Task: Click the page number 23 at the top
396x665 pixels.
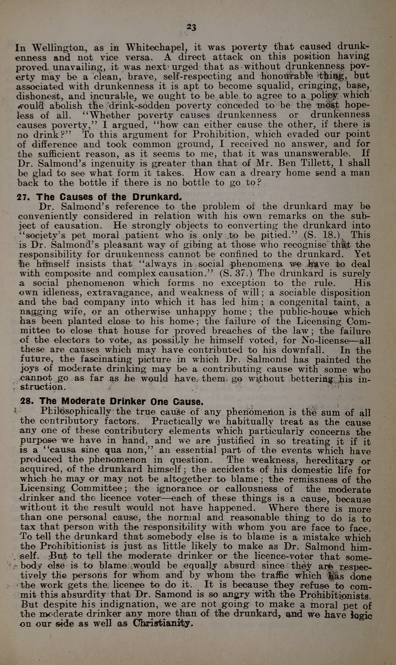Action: pos(191,27)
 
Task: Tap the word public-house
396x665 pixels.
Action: pos(309,312)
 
